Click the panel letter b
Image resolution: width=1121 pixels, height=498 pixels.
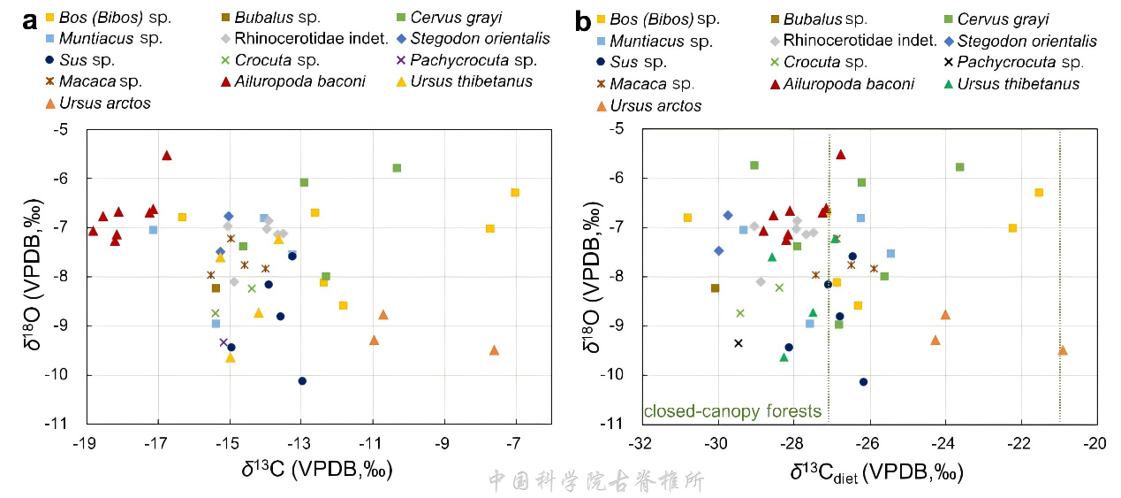coord(583,20)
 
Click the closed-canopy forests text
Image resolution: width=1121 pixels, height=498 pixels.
coord(732,411)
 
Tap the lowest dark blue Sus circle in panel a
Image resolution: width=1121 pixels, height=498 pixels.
coord(302,381)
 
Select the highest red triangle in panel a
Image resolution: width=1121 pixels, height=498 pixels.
coord(166,155)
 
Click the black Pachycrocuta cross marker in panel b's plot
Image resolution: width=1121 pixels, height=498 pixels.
coord(738,343)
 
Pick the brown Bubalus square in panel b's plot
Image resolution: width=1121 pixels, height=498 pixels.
coord(715,287)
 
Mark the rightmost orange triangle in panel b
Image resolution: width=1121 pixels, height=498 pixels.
coord(1063,350)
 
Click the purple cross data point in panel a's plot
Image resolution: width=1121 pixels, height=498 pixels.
coord(223,342)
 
